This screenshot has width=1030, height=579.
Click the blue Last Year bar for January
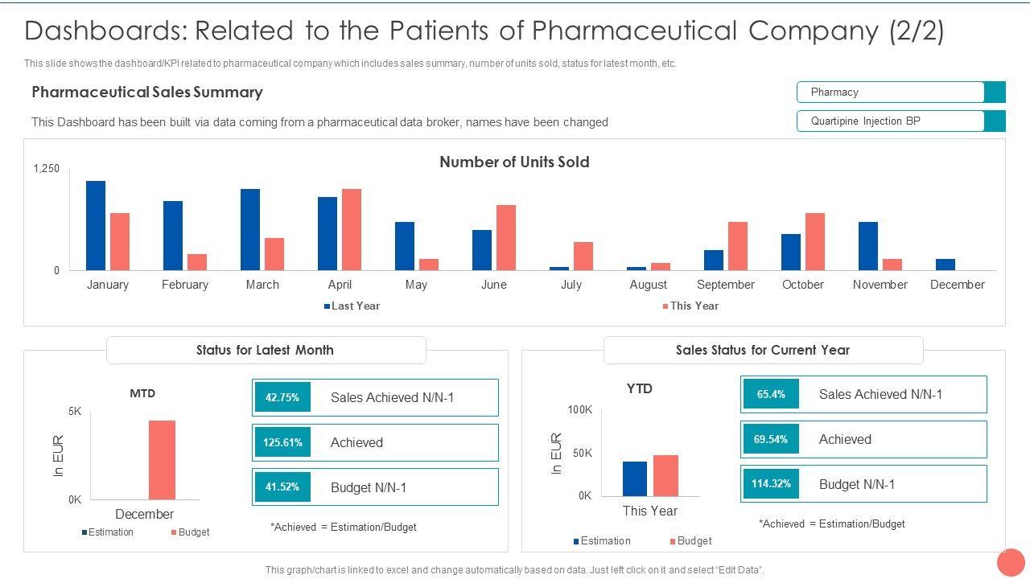(96, 226)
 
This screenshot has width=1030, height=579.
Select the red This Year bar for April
(352, 230)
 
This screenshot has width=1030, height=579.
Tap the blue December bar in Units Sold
(946, 265)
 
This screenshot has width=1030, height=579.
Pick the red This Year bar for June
(506, 238)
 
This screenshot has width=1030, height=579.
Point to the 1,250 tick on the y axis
(47, 169)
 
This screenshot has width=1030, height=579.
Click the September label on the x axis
(726, 285)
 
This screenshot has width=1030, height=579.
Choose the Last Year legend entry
(352, 306)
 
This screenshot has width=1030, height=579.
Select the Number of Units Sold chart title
(514, 162)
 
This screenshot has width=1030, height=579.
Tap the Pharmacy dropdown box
(900, 92)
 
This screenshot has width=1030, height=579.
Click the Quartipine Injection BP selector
(900, 121)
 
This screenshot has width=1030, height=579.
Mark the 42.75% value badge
(282, 397)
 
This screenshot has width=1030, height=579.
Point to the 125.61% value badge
(282, 442)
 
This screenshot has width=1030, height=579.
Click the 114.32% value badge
(771, 484)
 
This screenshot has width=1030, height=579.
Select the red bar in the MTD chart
(162, 460)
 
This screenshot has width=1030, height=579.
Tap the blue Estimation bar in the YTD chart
(635, 478)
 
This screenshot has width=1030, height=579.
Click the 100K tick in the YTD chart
(579, 410)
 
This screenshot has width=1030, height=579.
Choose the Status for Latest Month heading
(266, 350)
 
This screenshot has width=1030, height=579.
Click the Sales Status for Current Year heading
(763, 350)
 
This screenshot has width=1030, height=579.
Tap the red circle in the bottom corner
(1011, 562)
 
